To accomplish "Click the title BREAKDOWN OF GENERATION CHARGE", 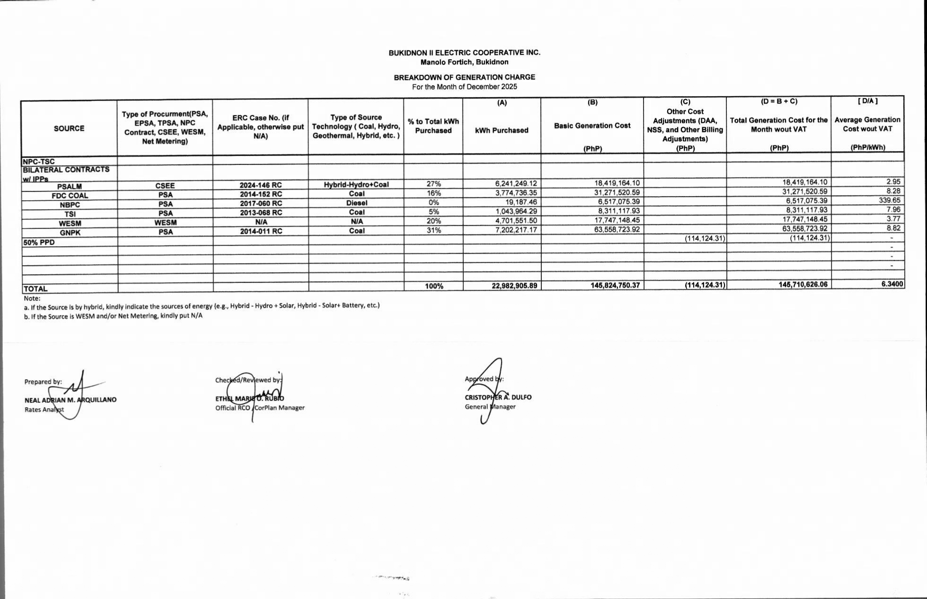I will [x=464, y=77].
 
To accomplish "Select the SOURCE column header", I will [x=69, y=128].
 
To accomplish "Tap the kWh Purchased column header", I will [x=502, y=130].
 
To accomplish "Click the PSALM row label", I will [x=70, y=187].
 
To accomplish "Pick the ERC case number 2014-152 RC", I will [x=261, y=194].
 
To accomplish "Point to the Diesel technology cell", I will [x=356, y=203].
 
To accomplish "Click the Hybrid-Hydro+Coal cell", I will [x=356, y=185].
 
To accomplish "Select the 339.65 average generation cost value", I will [x=890, y=200].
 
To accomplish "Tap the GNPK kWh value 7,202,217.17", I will [x=516, y=230].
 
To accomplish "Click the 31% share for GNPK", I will [x=433, y=231].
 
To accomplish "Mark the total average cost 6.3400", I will [x=892, y=284].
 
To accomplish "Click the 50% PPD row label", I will [x=39, y=242].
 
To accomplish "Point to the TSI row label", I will [x=70, y=214].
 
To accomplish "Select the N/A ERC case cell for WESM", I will [x=261, y=222].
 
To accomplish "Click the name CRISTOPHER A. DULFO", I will [x=498, y=397].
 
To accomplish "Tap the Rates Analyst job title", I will [x=44, y=410].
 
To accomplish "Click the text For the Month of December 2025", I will [x=464, y=87].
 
